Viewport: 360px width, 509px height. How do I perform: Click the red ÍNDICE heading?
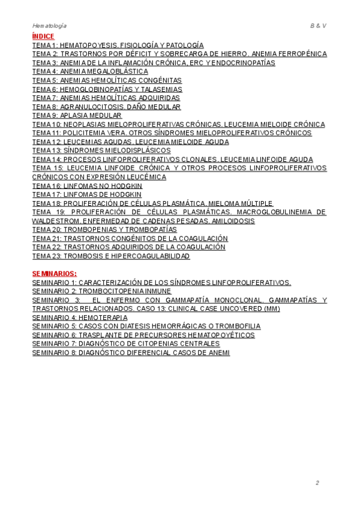pyautogui.click(x=43, y=36)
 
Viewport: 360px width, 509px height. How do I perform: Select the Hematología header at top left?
pyautogui.click(x=49, y=26)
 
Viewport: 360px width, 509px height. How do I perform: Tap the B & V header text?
pyautogui.click(x=318, y=26)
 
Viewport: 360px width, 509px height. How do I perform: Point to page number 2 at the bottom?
pyautogui.click(x=317, y=483)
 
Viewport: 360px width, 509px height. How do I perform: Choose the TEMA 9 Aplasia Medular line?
pyautogui.click(x=77, y=115)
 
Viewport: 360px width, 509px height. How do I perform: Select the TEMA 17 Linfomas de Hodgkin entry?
pyautogui.click(x=87, y=194)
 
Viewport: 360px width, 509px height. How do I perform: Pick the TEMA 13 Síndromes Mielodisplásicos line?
pyautogui.click(x=101, y=150)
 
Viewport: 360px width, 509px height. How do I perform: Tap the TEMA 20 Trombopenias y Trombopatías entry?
pyautogui.click(x=104, y=229)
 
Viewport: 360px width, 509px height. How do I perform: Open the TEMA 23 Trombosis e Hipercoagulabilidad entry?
pyautogui.click(x=111, y=256)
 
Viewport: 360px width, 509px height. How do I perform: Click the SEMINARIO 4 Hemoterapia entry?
pyautogui.click(x=79, y=317)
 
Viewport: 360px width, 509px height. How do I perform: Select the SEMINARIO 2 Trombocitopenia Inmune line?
pyautogui.click(x=101, y=291)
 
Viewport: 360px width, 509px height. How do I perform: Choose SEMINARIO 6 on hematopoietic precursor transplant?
pyautogui.click(x=143, y=335)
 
